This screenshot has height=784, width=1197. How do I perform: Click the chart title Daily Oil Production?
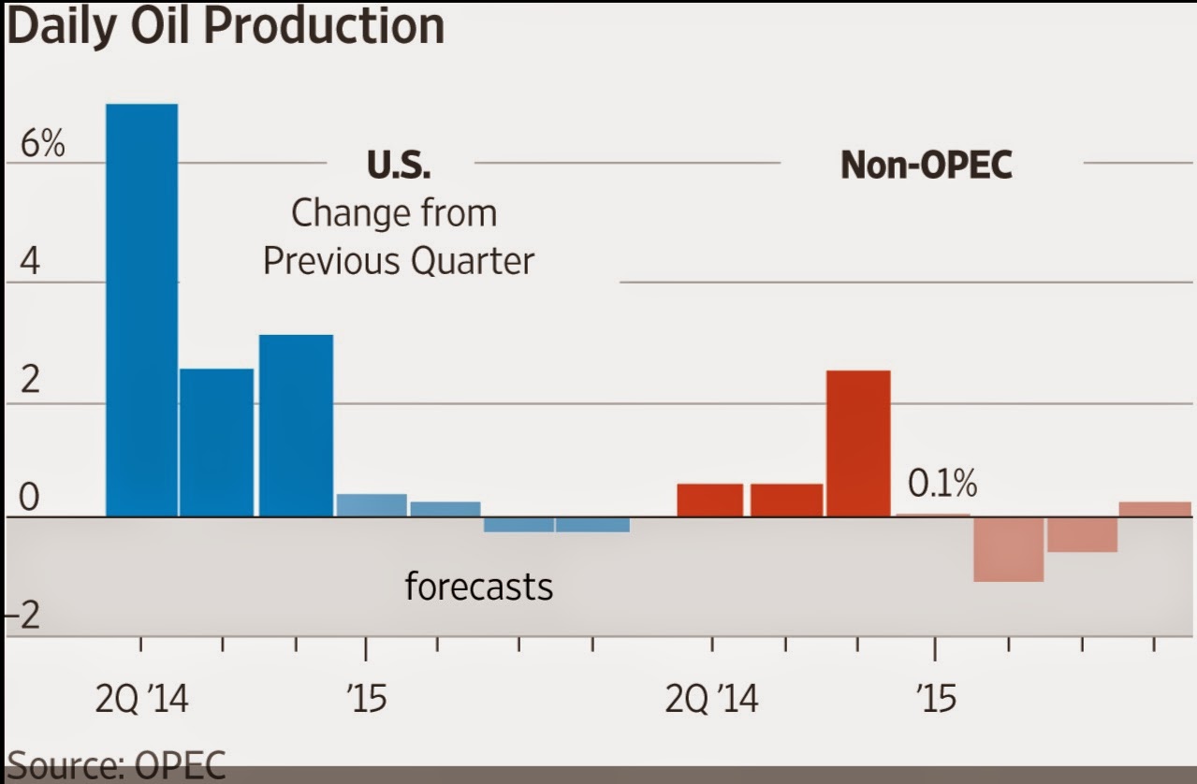coord(225,27)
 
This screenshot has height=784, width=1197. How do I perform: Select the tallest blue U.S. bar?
coord(141,309)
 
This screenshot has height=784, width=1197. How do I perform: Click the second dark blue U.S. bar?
coord(216,442)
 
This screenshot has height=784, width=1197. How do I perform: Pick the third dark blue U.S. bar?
coord(296,425)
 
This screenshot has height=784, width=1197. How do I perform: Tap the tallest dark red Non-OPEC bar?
coord(858,443)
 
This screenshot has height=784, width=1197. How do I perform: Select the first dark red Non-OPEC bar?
coord(709,500)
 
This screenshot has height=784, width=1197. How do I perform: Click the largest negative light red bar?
coord(1008,549)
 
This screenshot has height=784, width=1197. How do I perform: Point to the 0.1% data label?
coord(942,485)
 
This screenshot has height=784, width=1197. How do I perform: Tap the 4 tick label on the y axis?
coord(31,263)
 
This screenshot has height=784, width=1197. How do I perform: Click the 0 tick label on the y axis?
coord(30,499)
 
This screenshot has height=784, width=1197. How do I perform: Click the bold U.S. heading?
coord(399,166)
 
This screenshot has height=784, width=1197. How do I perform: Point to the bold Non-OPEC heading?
coord(926,166)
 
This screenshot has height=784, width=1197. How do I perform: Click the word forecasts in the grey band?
coord(478,587)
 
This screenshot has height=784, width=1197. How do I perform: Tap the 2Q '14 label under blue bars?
coord(141,699)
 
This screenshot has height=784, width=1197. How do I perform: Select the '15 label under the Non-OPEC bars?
coord(935,699)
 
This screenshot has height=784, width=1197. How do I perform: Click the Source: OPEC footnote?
coord(116,765)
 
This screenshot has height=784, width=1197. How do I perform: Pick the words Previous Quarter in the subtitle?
coord(398,260)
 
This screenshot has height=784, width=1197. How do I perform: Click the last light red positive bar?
coord(1155,509)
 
